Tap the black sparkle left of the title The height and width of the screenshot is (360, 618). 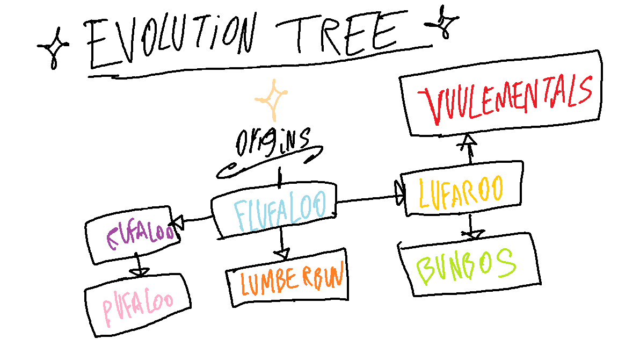point(54,49)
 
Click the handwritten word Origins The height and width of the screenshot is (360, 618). point(272,141)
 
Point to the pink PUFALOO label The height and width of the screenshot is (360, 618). point(137,305)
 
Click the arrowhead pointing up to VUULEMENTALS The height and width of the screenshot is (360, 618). point(469,141)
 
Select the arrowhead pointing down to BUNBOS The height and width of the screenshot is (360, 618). point(472,234)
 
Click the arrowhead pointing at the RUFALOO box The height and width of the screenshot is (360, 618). point(177,220)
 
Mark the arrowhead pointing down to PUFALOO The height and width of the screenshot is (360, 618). point(140,272)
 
